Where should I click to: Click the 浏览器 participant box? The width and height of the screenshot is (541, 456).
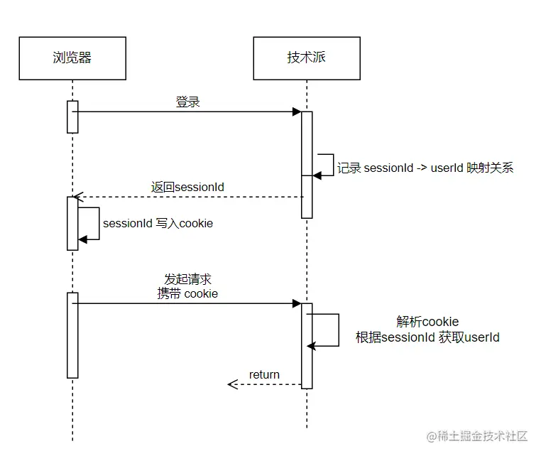72,58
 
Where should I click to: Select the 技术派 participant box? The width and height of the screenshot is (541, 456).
307,58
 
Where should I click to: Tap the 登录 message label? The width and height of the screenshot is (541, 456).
188,102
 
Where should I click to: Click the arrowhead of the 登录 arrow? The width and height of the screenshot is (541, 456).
297,112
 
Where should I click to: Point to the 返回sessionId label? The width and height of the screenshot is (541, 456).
187,187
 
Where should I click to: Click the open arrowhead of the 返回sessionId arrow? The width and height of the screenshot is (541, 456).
77,197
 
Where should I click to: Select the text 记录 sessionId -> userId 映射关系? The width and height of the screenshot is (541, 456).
425,168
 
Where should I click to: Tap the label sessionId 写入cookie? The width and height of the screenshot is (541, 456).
158,223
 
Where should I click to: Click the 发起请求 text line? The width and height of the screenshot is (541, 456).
187,279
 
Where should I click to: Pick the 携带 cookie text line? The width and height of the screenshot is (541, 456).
187,293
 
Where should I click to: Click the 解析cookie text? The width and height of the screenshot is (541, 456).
427,322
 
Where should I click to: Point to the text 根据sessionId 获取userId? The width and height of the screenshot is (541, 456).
427,337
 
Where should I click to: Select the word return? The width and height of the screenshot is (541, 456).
264,374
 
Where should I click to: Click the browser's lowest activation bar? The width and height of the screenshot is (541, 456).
72,335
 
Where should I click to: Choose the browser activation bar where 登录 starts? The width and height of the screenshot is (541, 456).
72,116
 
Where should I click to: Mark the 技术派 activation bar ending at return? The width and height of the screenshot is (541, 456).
307,346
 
